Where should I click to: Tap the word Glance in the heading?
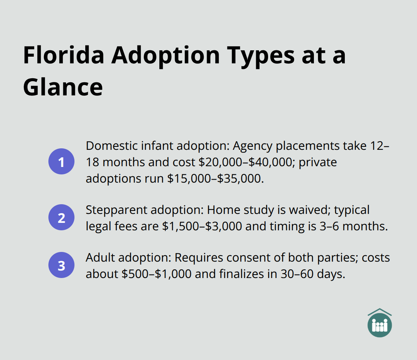(63, 87)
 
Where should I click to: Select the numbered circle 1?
(61, 162)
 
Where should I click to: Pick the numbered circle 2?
(61, 218)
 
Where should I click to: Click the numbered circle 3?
(61, 266)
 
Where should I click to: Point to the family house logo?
(379, 323)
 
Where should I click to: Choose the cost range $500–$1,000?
(156, 274)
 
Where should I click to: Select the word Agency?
(252, 146)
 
